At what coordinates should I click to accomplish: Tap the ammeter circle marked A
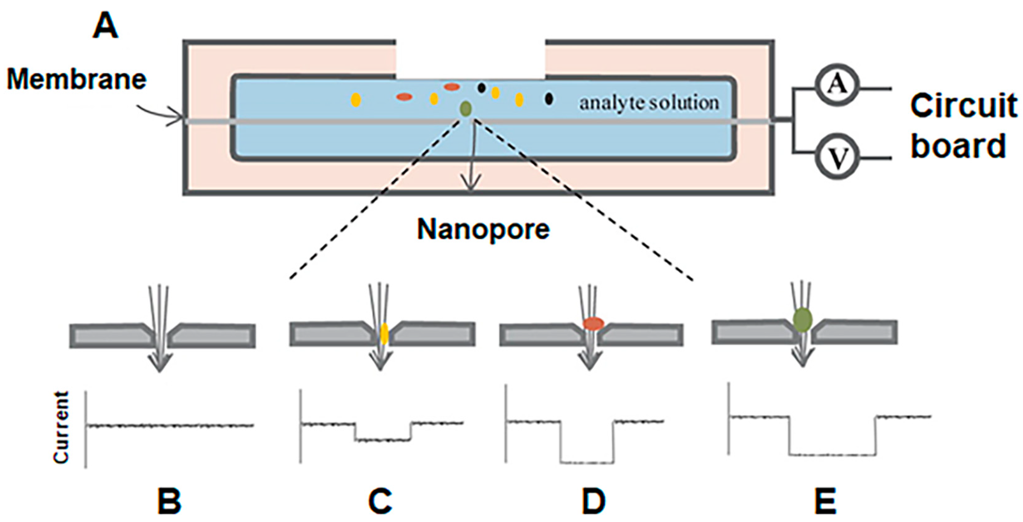(837, 85)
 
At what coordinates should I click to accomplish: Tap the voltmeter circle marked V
(837, 158)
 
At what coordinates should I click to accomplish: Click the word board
(958, 146)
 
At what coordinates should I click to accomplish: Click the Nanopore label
(483, 229)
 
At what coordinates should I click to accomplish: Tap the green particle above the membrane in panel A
(466, 108)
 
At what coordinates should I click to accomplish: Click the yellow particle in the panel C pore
(384, 333)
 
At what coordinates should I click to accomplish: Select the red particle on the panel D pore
(593, 323)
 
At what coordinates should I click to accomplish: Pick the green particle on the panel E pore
(802, 320)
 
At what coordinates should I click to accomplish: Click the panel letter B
(170, 502)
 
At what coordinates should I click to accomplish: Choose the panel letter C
(380, 502)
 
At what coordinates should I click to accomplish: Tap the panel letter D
(594, 502)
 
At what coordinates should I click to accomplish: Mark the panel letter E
(825, 502)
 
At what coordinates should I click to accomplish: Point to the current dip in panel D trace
(587, 462)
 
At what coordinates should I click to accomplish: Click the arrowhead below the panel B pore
(160, 363)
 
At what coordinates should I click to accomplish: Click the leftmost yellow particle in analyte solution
(356, 100)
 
